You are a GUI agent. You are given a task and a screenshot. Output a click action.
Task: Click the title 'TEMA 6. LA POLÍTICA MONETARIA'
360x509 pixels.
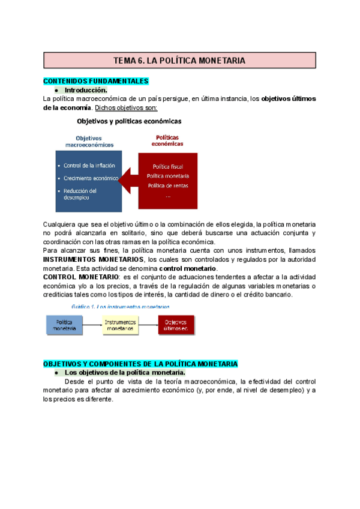tap(179, 60)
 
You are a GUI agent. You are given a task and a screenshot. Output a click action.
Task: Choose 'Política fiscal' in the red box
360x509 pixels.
tap(168, 166)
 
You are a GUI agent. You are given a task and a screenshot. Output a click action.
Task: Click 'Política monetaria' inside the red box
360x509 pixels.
tap(168, 176)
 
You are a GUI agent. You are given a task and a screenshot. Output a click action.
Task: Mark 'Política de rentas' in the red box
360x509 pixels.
tap(168, 185)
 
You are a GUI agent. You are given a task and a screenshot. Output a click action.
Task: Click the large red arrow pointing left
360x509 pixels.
tap(129, 178)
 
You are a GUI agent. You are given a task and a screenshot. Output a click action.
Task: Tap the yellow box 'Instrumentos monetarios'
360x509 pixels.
tap(120, 325)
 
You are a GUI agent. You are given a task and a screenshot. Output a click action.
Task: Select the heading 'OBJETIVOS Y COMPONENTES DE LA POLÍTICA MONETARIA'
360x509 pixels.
tap(141, 364)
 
